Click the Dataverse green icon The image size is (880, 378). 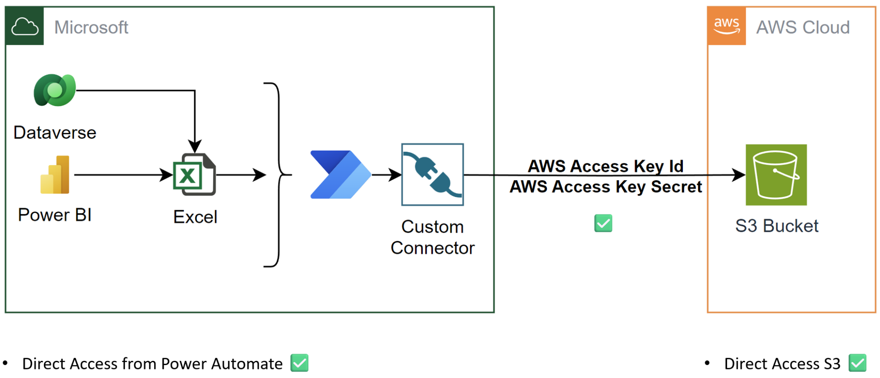(55, 90)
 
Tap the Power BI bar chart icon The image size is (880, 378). (55, 175)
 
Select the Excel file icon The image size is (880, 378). (194, 175)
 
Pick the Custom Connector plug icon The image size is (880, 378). (432, 175)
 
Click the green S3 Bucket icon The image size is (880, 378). (776, 175)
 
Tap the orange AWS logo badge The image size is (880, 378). (727, 26)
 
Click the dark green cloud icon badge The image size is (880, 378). (25, 26)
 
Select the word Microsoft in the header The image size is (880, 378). (91, 28)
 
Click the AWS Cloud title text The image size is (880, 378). (803, 28)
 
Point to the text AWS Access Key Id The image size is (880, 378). (605, 166)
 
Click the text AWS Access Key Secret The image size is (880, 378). (605, 187)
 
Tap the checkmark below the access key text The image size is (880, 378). (603, 223)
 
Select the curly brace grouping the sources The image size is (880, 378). (278, 175)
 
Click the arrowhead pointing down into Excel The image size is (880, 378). (195, 146)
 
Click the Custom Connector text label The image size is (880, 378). (432, 237)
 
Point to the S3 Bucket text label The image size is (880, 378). (777, 226)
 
